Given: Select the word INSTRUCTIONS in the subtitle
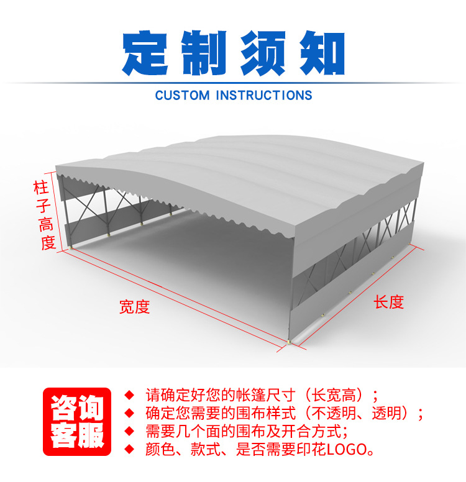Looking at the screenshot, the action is (264, 96).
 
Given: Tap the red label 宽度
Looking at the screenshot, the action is (135, 306).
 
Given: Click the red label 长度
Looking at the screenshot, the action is (389, 302).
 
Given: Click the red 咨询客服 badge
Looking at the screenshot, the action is (76, 421).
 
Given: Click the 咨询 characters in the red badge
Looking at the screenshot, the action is (76, 407).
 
